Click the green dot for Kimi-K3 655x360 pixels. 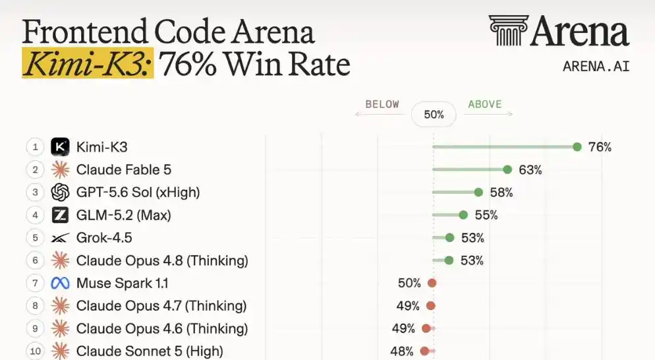coord(577,147)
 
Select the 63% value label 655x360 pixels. coord(530,169)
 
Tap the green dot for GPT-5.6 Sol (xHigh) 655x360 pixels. coord(478,193)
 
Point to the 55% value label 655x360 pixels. coord(486,215)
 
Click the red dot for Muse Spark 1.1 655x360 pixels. coord(432,283)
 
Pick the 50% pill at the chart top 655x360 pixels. coord(434,114)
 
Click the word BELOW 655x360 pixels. coord(382,104)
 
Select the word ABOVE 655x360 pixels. coord(484,104)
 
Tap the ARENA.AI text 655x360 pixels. coord(596,67)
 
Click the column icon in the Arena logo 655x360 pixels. coord(509,30)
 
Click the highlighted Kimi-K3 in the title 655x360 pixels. coord(88,63)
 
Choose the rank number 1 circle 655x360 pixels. coord(35,147)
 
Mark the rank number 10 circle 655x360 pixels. coord(35,351)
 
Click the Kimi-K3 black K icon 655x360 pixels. coord(60,147)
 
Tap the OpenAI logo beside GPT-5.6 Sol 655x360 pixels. coord(60,193)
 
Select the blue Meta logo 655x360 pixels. coord(60,283)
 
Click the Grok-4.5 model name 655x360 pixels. coord(104,237)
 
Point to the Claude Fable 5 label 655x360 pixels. coord(124,169)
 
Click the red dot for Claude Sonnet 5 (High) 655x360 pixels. coord(424,351)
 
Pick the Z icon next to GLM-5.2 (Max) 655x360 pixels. coord(60,215)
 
